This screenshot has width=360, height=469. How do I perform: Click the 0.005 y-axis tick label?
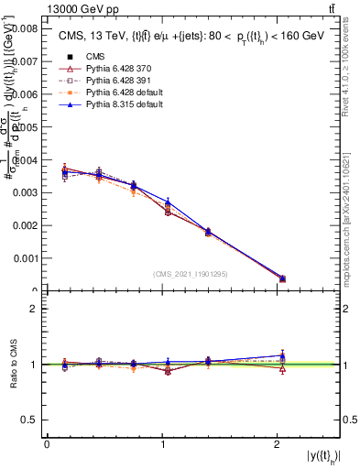[23, 127]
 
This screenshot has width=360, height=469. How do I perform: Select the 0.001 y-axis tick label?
[23, 258]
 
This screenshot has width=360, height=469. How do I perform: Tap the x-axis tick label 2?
[278, 444]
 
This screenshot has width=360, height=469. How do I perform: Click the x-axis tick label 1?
[162, 444]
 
